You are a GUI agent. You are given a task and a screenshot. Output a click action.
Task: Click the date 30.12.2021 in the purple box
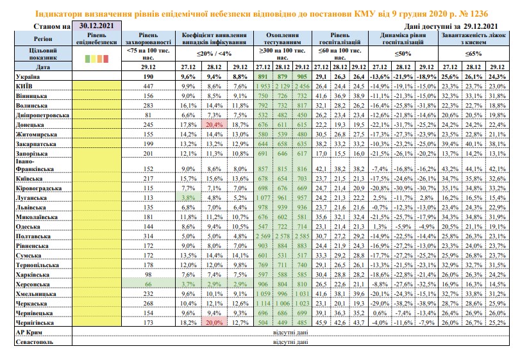click(97, 26)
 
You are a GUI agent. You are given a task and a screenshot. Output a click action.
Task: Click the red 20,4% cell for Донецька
click(214, 124)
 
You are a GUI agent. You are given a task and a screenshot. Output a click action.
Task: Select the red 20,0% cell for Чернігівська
click(214, 322)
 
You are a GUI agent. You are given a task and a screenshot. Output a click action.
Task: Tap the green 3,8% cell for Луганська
click(188, 197)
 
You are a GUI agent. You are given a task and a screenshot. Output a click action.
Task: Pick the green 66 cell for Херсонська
click(148, 284)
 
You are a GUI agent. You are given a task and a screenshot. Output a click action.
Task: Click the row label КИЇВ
click(24, 86)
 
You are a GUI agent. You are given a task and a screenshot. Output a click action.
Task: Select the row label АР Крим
click(29, 332)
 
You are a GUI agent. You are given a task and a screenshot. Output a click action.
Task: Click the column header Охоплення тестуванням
click(282, 38)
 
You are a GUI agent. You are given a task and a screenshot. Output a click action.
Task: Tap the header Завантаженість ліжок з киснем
click(473, 38)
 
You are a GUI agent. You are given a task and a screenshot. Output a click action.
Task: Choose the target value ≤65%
click(473, 54)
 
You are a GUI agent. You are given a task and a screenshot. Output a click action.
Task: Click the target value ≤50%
click(403, 54)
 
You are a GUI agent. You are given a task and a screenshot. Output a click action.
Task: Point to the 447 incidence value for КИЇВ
click(148, 86)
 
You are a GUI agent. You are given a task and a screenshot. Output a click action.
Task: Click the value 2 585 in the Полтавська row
click(302, 236)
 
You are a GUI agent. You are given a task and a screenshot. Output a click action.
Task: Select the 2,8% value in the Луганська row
click(426, 198)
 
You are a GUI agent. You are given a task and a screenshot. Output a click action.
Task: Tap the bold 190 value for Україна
click(148, 76)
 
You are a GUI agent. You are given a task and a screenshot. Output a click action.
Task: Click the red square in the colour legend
click(106, 59)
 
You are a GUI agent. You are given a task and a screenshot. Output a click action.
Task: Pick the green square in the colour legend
click(88, 59)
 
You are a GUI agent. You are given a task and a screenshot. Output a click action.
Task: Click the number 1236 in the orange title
click(479, 14)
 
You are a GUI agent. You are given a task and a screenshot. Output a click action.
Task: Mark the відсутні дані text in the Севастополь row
click(290, 342)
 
